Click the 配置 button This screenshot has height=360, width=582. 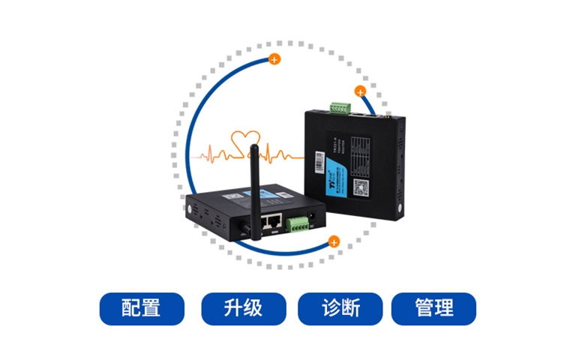pos(141,308)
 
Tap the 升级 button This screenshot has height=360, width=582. pos(243,308)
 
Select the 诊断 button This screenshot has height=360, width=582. pos(340,308)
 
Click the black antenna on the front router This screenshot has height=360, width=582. pos(253,187)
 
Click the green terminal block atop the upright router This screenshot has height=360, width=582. pos(339,108)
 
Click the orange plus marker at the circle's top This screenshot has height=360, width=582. pos(274,58)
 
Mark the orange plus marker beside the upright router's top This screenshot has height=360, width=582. pos(360,93)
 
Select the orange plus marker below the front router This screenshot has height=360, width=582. pos(334,241)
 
